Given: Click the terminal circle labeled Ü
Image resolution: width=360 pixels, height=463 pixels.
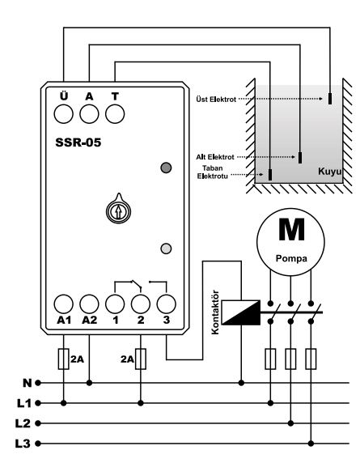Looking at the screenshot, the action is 63,113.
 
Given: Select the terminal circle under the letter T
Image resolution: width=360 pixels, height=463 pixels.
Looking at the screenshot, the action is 115,113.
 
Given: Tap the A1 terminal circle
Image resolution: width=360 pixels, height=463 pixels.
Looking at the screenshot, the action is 63,304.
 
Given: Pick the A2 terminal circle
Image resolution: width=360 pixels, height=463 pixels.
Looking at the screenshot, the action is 89,304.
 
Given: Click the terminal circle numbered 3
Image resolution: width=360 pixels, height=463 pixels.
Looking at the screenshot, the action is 166,304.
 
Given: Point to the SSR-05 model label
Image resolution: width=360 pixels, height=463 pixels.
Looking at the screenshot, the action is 78,142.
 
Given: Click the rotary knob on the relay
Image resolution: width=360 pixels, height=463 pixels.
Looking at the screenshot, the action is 118,209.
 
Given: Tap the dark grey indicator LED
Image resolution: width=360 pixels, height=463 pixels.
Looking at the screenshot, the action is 166,168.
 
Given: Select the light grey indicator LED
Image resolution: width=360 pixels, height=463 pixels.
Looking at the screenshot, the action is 166,248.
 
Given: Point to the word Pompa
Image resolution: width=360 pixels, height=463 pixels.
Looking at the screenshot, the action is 291,258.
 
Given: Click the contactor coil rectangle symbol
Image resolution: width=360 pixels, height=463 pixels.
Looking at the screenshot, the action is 241,312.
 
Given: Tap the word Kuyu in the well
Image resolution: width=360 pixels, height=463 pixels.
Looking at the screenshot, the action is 329,172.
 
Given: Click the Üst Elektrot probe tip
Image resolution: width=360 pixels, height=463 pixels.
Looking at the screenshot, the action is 330,99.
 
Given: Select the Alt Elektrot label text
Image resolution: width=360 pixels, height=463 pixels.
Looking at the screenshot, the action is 215,157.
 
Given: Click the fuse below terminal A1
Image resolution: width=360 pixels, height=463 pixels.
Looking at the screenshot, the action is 63,359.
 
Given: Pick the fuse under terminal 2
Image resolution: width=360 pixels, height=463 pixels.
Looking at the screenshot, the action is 141,359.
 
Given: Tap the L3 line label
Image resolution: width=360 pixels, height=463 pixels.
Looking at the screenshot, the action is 23,444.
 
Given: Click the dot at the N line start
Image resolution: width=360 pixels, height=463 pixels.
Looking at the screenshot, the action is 38,383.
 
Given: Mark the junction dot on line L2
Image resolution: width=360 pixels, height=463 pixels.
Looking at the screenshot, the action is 290,423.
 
